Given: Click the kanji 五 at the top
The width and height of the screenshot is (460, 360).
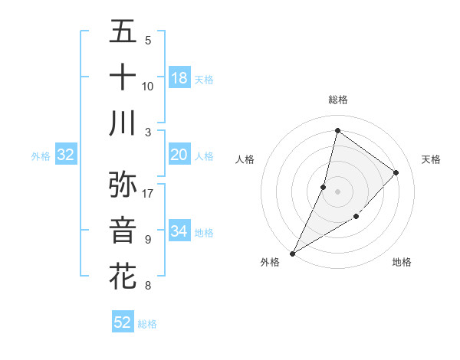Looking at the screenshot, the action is [x=123, y=31].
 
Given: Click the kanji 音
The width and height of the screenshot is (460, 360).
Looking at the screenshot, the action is [x=123, y=230].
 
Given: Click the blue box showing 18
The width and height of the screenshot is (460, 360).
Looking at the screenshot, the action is [x=179, y=78].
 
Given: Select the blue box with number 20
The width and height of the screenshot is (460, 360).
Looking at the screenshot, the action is [x=179, y=155].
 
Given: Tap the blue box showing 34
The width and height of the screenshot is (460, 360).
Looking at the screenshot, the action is [x=179, y=231].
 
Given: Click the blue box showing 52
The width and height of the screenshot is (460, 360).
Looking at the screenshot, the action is [x=123, y=322].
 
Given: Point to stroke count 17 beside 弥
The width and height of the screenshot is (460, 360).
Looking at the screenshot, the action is [x=148, y=193].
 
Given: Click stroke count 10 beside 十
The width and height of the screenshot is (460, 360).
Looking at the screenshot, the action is [x=148, y=86].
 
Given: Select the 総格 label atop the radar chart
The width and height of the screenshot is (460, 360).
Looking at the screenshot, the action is [x=337, y=100].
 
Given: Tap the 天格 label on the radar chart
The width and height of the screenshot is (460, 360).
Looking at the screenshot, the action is [x=432, y=159].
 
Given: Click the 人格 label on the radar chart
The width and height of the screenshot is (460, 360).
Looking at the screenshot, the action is [x=245, y=159].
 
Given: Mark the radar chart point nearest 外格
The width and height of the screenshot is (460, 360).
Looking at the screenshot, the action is [x=292, y=253].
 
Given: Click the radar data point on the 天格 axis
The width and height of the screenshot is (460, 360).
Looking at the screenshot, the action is [x=396, y=172].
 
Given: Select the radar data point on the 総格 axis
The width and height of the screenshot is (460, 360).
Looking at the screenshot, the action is [x=337, y=131].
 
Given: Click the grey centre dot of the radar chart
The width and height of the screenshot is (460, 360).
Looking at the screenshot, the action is [x=337, y=191].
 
